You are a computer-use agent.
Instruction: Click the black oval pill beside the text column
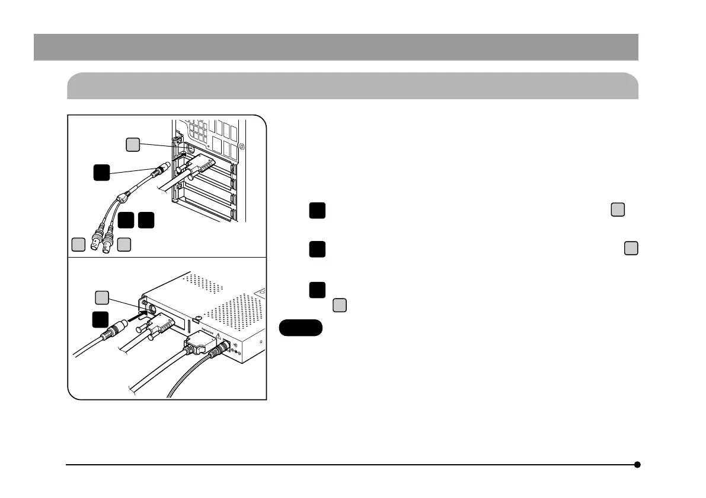pyautogui.click(x=301, y=328)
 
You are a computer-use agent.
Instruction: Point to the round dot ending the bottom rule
pyautogui.click(x=637, y=465)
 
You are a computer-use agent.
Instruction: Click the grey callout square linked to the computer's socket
pyautogui.click(x=133, y=144)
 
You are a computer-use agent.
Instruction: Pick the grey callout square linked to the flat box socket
pyautogui.click(x=103, y=297)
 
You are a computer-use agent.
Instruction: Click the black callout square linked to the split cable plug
pyautogui.click(x=101, y=173)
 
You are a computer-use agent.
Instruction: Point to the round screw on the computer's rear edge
pyautogui.click(x=241, y=145)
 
